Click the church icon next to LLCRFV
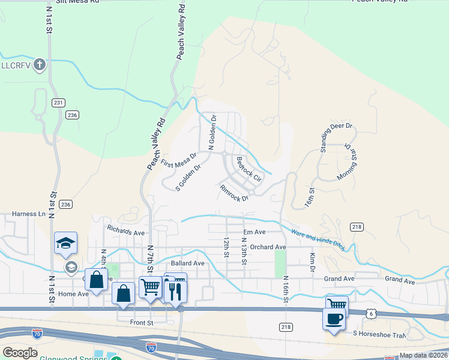point(40,65)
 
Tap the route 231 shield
point(58,103)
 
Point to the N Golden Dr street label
point(211,133)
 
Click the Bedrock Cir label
point(249,170)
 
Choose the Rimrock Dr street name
point(234,193)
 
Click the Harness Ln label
point(29,214)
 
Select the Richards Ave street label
point(126,230)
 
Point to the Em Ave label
point(254,232)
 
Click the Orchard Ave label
point(268,247)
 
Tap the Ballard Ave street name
point(187,263)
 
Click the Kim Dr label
point(313,262)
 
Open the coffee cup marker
point(334,319)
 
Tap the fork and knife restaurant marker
point(175,291)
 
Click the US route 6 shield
point(372,313)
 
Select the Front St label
point(142,322)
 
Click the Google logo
point(20,353)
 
